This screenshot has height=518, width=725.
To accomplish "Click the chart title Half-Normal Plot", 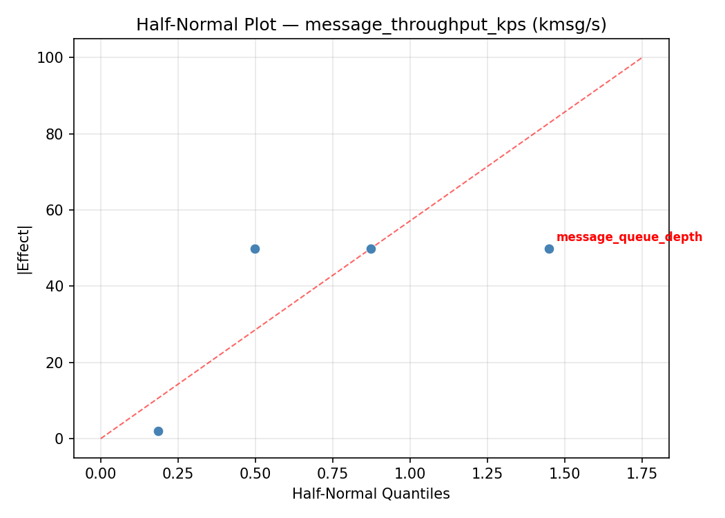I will pyautogui.click(x=371, y=25).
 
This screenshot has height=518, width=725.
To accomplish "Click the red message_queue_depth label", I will pyautogui.click(x=629, y=238).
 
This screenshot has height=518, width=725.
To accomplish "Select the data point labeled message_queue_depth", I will pyautogui.click(x=549, y=249).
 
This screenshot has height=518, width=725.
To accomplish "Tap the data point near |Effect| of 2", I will pyautogui.click(x=158, y=431).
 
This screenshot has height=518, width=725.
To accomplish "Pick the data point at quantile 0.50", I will pyautogui.click(x=255, y=249).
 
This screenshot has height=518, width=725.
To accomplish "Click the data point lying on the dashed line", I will pyautogui.click(x=371, y=249).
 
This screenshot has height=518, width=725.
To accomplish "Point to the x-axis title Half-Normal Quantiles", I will pyautogui.click(x=371, y=494).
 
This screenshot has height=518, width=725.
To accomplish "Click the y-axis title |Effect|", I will pyautogui.click(x=24, y=249).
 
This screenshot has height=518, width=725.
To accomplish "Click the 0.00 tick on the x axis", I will pyautogui.click(x=101, y=473).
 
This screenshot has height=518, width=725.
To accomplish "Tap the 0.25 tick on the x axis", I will pyautogui.click(x=178, y=473).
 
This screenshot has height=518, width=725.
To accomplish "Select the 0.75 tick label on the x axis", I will pyautogui.click(x=333, y=473).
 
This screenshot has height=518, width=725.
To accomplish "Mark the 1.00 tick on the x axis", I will pyautogui.click(x=410, y=473).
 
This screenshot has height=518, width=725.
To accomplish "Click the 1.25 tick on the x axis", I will pyautogui.click(x=487, y=473).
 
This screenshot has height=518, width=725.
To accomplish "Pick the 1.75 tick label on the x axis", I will pyautogui.click(x=642, y=473).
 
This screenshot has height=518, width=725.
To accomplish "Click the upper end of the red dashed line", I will pyautogui.click(x=641, y=58).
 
